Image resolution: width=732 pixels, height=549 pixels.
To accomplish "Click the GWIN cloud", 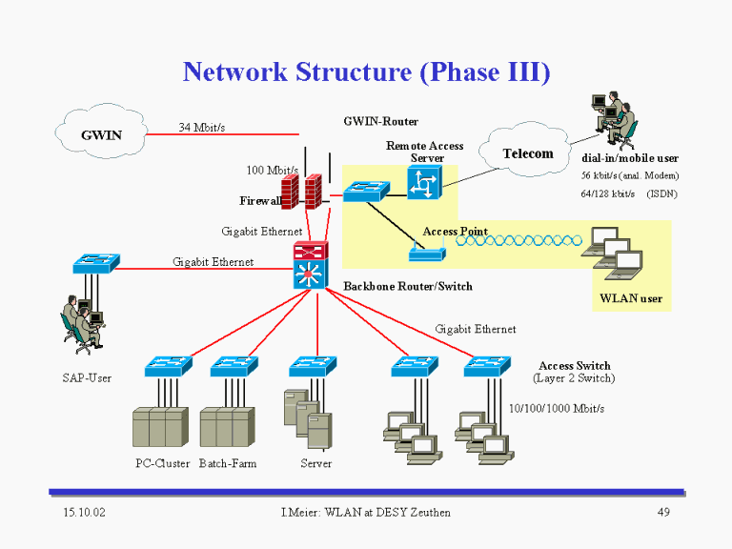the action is click(101, 132).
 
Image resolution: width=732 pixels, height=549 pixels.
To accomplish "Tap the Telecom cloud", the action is click(525, 150).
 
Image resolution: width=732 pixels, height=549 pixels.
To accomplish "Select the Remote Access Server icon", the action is click(424, 183).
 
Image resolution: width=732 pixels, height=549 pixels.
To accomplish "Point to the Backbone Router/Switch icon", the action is click(311, 265).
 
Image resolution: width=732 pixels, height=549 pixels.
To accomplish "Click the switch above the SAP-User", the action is click(96, 263).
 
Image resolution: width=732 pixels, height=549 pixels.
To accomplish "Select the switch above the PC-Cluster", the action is click(169, 366).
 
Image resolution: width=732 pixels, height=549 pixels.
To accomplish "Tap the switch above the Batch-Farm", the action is click(234, 366).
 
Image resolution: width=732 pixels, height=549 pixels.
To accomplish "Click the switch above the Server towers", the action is click(313, 366).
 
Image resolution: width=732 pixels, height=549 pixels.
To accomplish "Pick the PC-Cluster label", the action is click(162, 463).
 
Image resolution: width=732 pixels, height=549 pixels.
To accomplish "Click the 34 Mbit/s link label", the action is click(202, 127).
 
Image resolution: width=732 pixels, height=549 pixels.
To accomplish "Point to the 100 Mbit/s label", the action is click(273, 170).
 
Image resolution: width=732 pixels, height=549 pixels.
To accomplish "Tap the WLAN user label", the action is click(631, 298).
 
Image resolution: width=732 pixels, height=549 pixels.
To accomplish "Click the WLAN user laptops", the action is click(612, 253).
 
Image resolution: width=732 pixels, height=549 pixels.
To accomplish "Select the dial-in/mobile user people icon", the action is click(614, 118).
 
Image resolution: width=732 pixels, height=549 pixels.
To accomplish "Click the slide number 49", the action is click(663, 512).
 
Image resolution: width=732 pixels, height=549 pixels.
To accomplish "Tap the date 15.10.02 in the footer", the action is click(85, 512).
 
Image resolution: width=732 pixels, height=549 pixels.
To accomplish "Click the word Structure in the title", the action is click(354, 71).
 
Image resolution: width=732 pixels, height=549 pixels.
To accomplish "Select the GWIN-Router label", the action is click(381, 121).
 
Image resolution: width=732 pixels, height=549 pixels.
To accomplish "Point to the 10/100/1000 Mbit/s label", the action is click(557, 409).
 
